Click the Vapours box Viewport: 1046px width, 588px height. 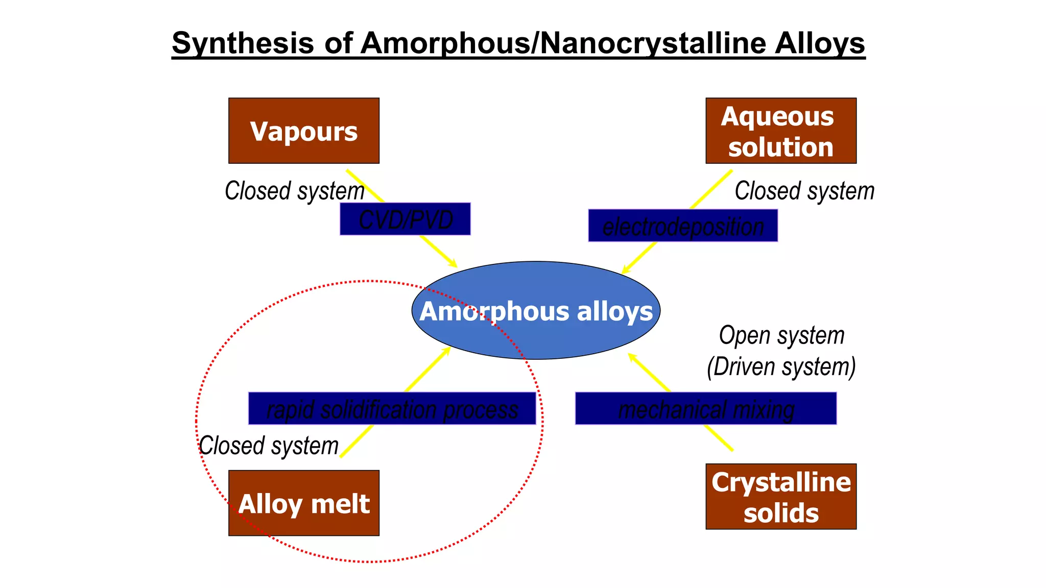[304, 131]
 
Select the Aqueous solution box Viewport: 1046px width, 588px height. [781, 131]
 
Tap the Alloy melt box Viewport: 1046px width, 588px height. [304, 503]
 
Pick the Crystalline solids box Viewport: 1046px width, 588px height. [781, 496]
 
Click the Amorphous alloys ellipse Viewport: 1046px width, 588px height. [536, 310]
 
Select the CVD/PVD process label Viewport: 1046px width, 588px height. [405, 219]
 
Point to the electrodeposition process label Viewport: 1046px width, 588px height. [683, 226]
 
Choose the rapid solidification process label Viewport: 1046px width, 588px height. [392, 408]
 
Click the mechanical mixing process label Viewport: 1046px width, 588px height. [706, 408]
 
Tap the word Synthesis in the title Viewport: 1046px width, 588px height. [243, 43]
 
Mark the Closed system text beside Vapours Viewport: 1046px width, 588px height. [295, 191]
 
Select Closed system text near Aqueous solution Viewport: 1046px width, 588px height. [804, 191]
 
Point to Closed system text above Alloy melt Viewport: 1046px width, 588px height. [269, 446]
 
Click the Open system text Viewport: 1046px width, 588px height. [781, 336]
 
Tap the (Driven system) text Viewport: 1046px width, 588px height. [781, 366]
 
